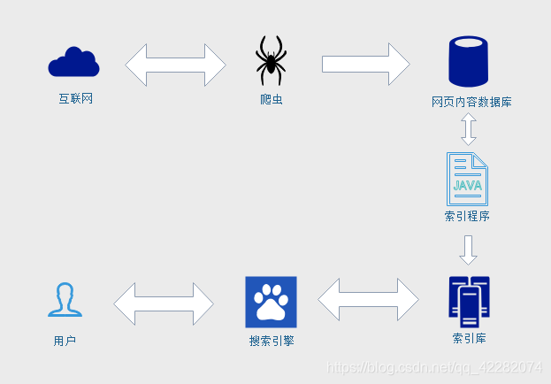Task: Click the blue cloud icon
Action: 73,63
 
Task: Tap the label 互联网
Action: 76,99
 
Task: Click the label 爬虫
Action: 272,100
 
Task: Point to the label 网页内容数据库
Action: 471,103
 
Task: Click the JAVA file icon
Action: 468,180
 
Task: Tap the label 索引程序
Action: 468,216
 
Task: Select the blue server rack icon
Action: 469,302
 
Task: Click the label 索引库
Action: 469,338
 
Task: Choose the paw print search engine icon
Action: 271,302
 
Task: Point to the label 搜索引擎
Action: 272,341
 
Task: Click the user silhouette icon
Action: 65,300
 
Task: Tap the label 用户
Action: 65,341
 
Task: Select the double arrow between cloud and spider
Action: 176,65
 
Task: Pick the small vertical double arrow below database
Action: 469,130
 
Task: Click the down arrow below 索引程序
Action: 469,250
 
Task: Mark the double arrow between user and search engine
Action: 164,303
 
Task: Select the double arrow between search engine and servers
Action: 369,300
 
